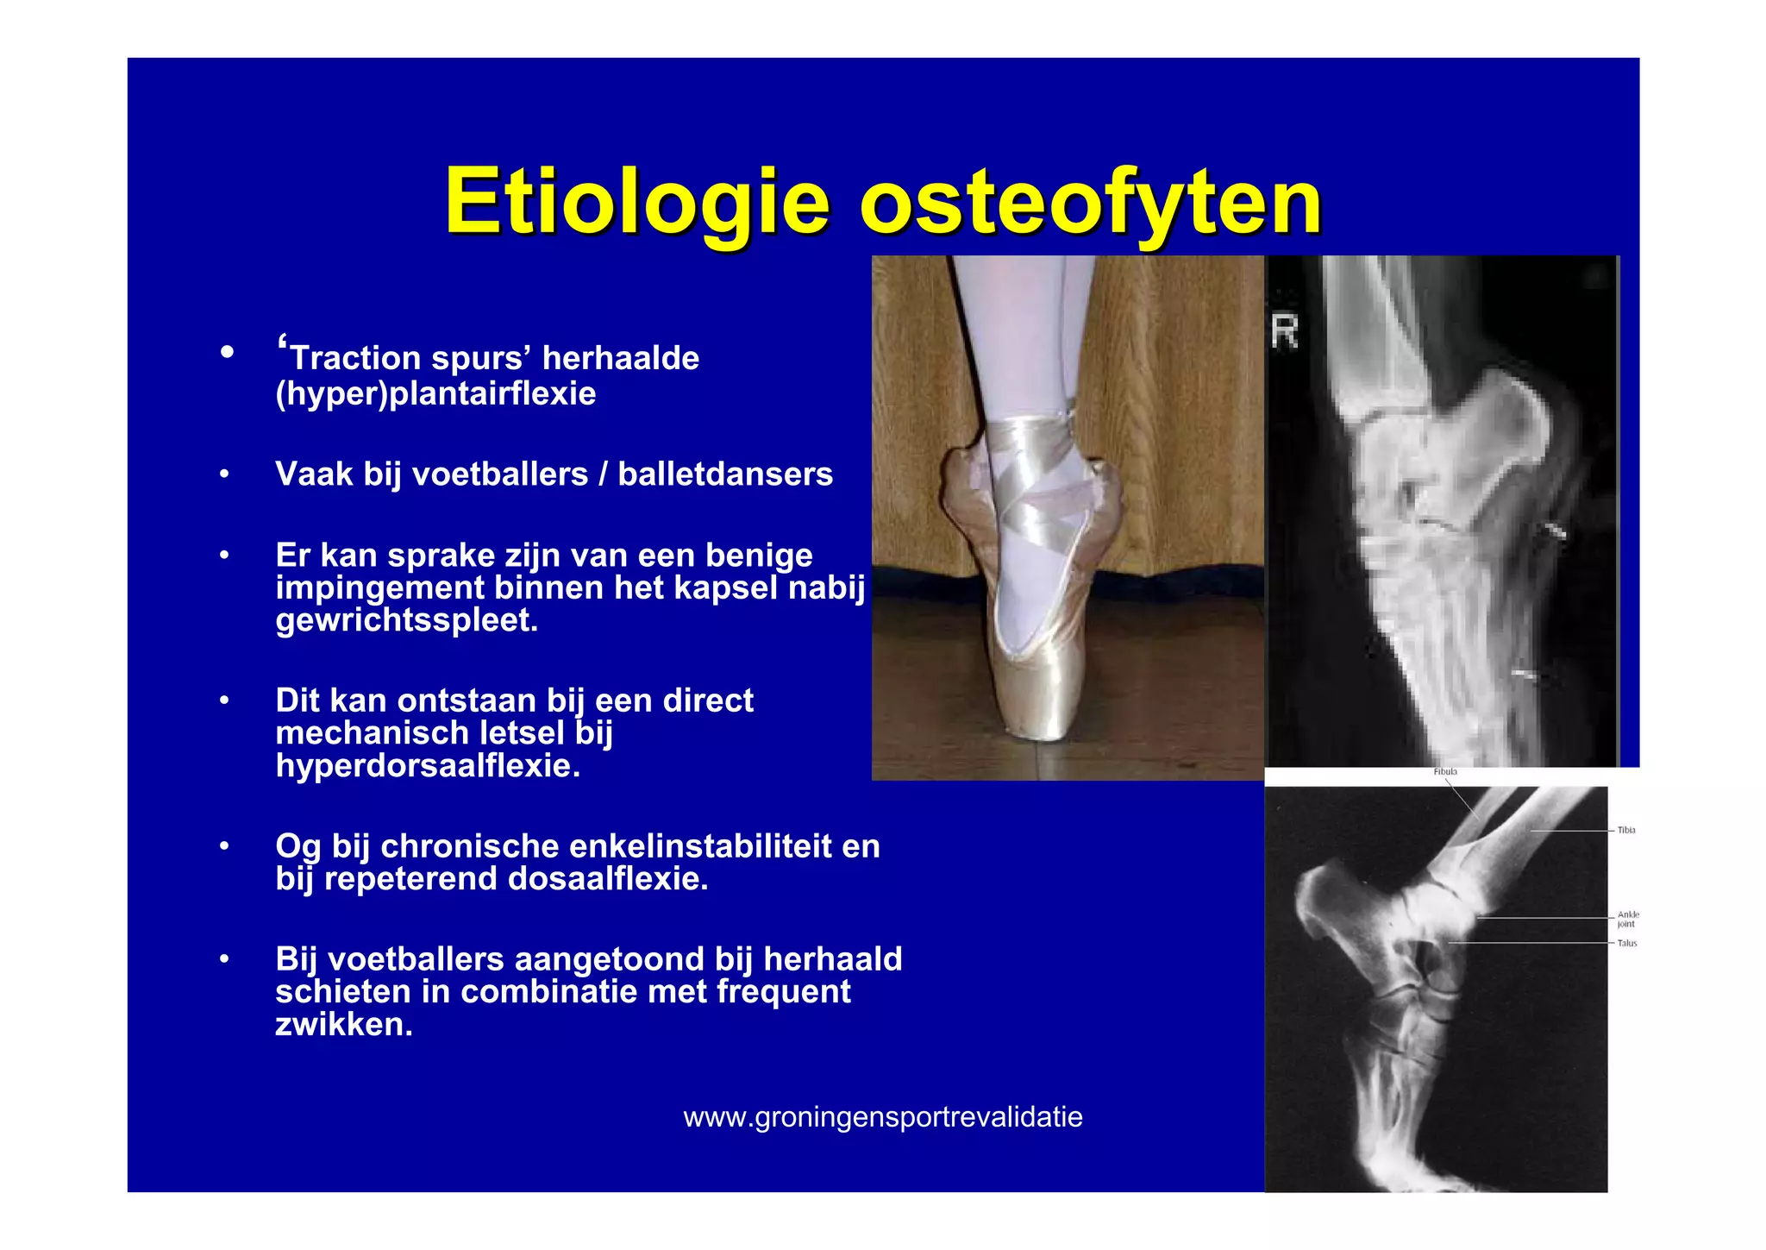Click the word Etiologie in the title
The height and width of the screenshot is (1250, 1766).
pos(636,202)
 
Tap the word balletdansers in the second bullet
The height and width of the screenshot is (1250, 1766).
pos(725,474)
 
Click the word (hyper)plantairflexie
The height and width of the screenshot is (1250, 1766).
pos(435,394)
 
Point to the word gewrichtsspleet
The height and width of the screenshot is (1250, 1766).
pos(406,620)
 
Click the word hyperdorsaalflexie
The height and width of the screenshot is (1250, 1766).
pos(428,766)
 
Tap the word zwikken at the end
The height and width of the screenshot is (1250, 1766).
pos(343,1025)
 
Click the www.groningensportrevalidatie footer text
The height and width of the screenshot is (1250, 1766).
pos(882,1117)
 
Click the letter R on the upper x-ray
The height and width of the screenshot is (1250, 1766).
pos(1284,332)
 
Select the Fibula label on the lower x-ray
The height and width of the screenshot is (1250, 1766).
pos(1445,772)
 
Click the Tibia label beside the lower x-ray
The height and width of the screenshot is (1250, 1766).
pos(1626,830)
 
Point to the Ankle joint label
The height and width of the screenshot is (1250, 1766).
pos(1627,919)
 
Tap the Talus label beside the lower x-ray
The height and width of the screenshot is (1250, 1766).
pos(1626,943)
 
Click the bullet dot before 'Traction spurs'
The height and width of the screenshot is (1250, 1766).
pos(227,352)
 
